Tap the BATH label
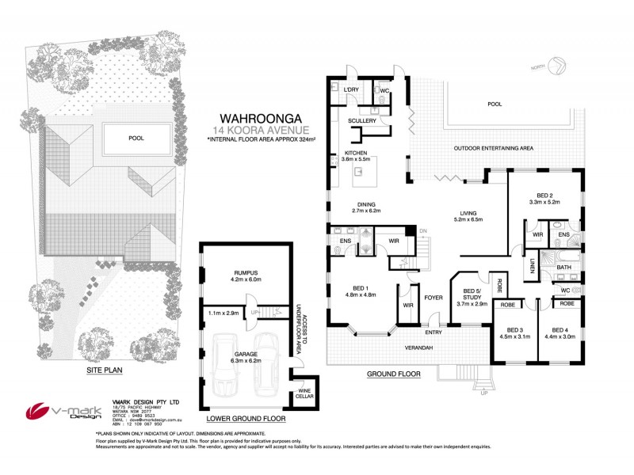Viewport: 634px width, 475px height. [563, 268]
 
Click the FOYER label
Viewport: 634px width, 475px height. [433, 298]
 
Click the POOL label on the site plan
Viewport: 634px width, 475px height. [136, 138]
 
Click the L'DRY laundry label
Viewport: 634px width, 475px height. [352, 92]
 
